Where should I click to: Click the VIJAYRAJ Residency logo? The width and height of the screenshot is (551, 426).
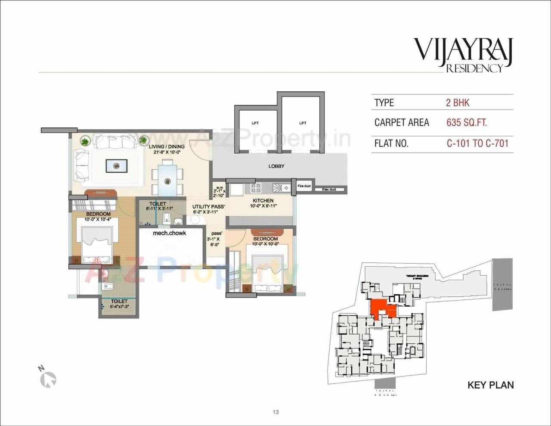coord(463,54)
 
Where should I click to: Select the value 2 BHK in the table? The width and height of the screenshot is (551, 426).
coord(457,103)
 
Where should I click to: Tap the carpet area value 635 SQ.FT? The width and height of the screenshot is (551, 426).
coord(467,123)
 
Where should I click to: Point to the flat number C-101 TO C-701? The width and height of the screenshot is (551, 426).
coord(477,143)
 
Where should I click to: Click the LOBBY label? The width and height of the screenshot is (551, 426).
coord(276,166)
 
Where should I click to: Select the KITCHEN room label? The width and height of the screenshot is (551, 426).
coord(263,201)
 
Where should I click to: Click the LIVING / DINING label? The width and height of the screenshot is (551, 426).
coord(167,146)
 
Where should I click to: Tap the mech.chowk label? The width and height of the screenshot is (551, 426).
coord(170,233)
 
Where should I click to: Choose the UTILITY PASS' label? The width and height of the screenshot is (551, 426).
coord(208,207)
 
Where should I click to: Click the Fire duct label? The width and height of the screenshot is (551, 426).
coord(304,186)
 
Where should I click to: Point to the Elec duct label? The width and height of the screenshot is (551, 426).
coord(329,190)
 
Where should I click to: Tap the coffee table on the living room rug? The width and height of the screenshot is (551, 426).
coord(116,166)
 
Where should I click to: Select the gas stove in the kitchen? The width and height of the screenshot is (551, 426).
coord(256,188)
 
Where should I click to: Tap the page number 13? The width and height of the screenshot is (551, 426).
coord(275,412)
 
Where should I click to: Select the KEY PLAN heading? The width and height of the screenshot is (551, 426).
coord(490,385)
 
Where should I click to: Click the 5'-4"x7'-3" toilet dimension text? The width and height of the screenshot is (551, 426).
coord(119,307)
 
